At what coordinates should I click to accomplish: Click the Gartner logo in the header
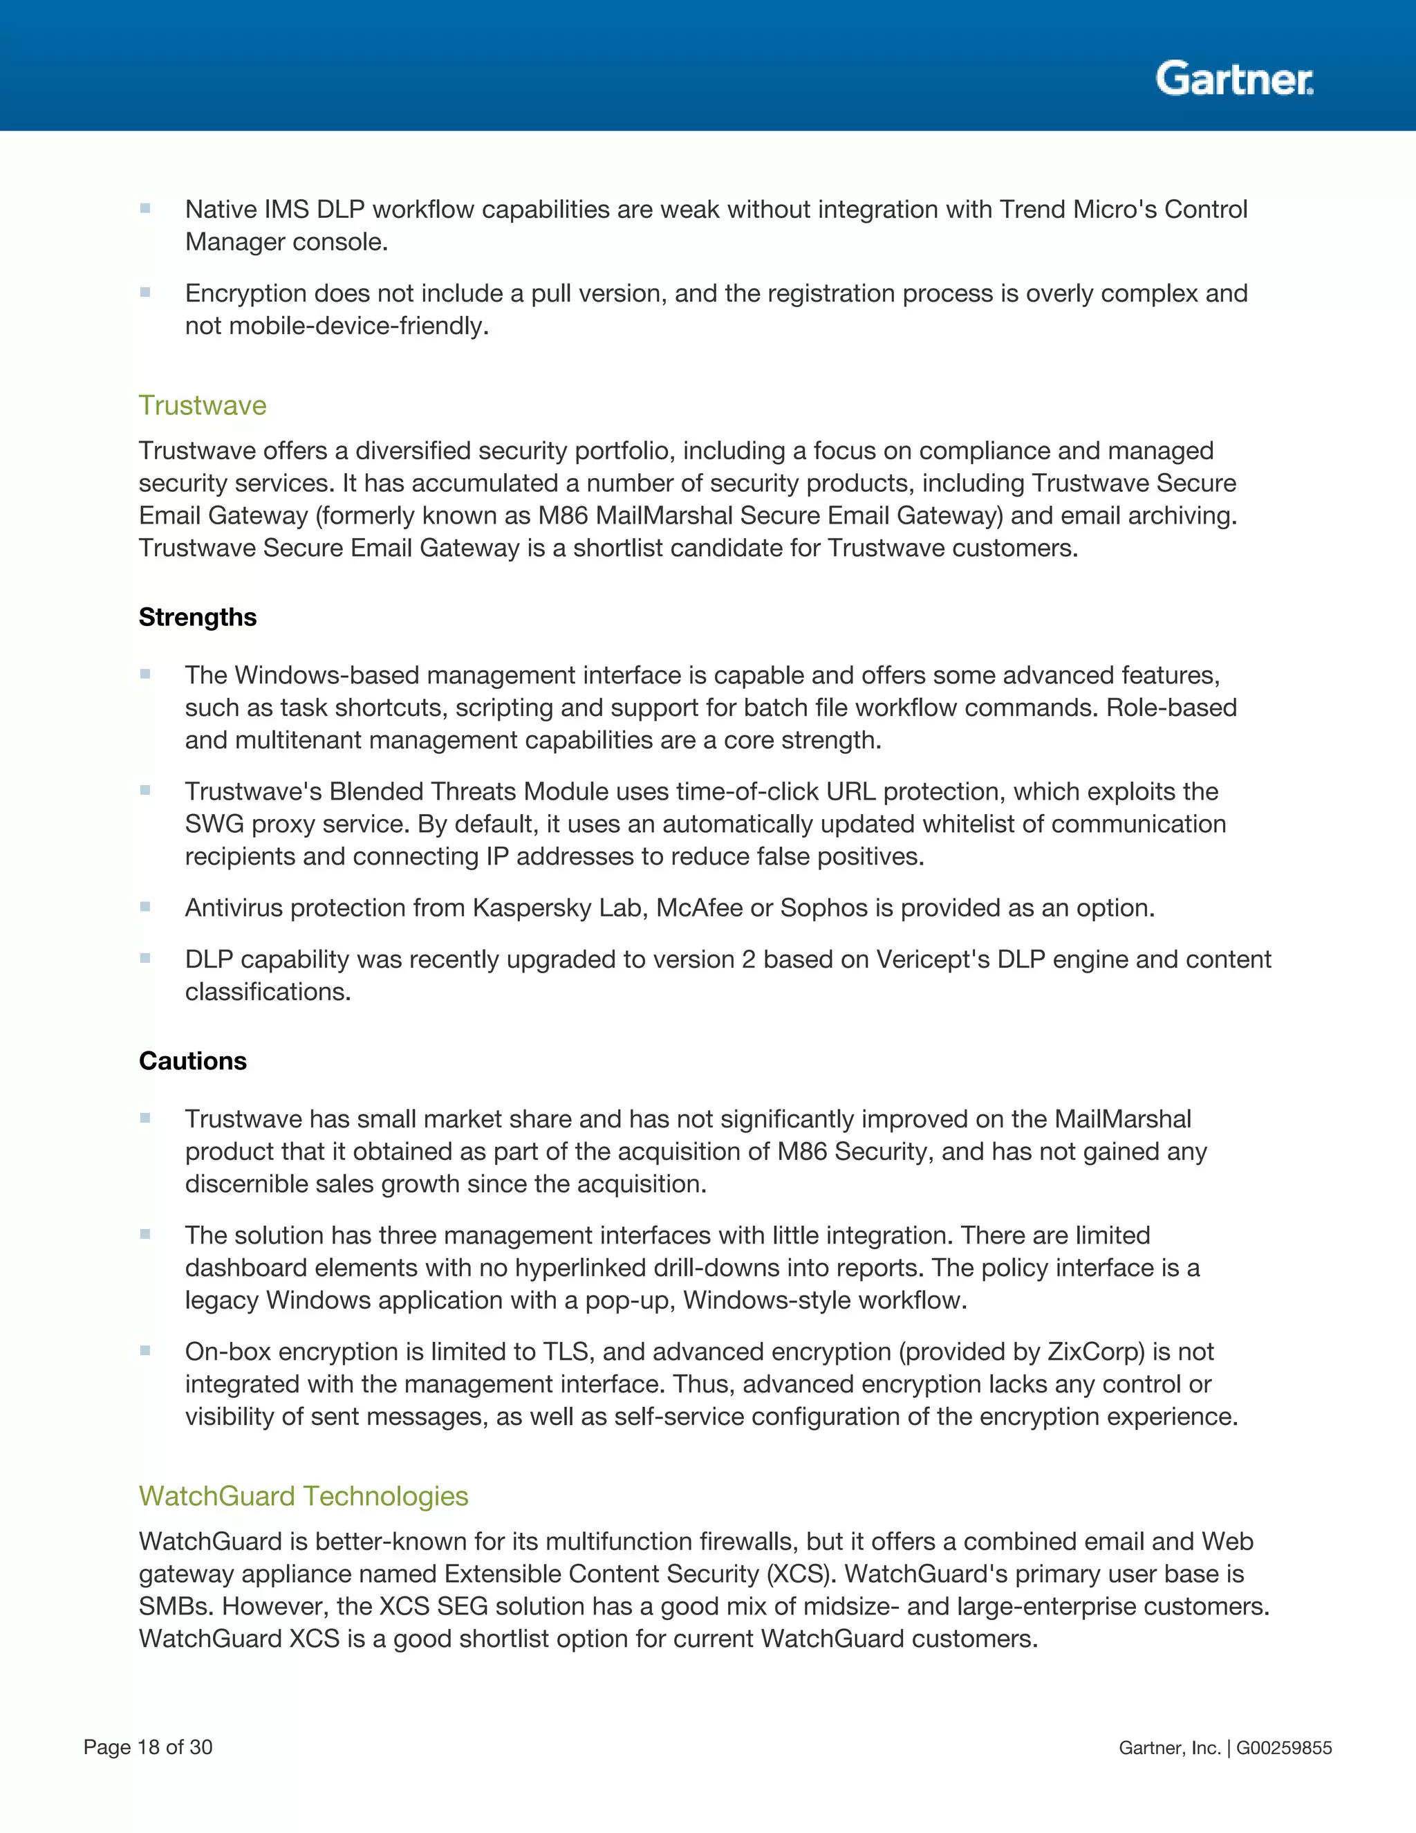[x=1234, y=79]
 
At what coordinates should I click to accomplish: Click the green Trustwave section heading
[x=202, y=405]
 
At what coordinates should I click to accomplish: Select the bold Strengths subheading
[x=197, y=617]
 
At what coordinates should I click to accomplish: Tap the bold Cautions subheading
[x=192, y=1061]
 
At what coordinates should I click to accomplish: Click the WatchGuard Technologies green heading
[x=303, y=1495]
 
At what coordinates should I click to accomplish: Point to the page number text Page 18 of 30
[x=148, y=1747]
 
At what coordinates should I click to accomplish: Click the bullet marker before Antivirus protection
[x=145, y=906]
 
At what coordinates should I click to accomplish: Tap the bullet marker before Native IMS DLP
[x=145, y=208]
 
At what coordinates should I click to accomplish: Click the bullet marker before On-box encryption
[x=145, y=1350]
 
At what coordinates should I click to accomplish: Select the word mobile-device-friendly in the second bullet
[x=358, y=326]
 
